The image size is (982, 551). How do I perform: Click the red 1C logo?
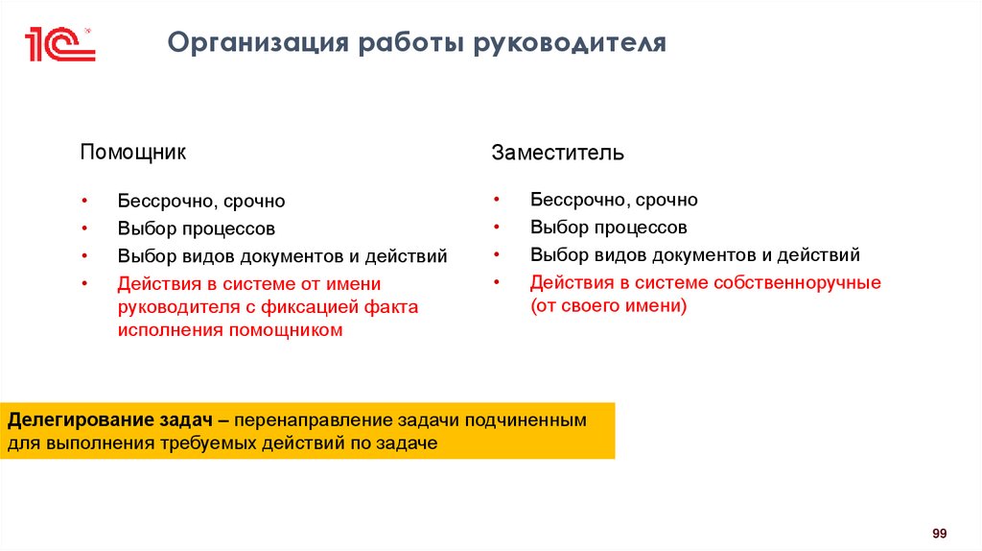(59, 44)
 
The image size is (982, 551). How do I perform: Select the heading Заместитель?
(558, 153)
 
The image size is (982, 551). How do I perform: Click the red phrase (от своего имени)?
(609, 306)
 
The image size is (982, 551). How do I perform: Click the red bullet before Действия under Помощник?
(84, 284)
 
